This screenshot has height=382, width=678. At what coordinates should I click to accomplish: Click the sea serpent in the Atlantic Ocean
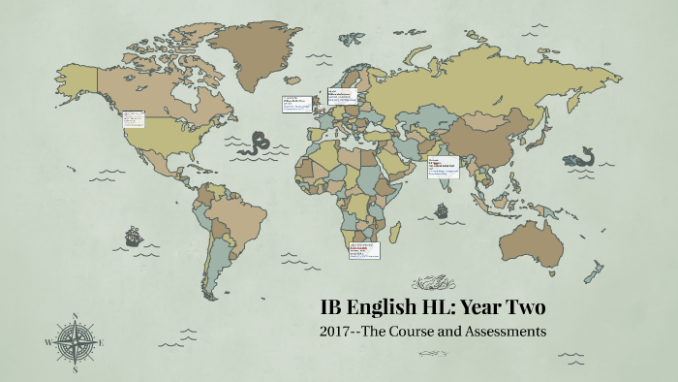tap(259, 145)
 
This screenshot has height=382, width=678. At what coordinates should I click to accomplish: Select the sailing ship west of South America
tap(132, 235)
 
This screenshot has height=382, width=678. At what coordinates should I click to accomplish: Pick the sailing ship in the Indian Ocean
tap(442, 209)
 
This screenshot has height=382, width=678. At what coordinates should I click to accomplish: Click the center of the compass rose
tap(75, 343)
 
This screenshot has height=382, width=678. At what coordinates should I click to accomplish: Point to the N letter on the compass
tap(75, 314)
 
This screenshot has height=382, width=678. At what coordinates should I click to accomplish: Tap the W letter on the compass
tap(47, 343)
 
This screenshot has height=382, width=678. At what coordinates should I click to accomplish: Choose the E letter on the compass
tap(103, 343)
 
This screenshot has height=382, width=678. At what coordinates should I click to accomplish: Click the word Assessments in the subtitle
tap(500, 332)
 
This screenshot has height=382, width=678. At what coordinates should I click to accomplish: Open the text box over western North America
tap(133, 120)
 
